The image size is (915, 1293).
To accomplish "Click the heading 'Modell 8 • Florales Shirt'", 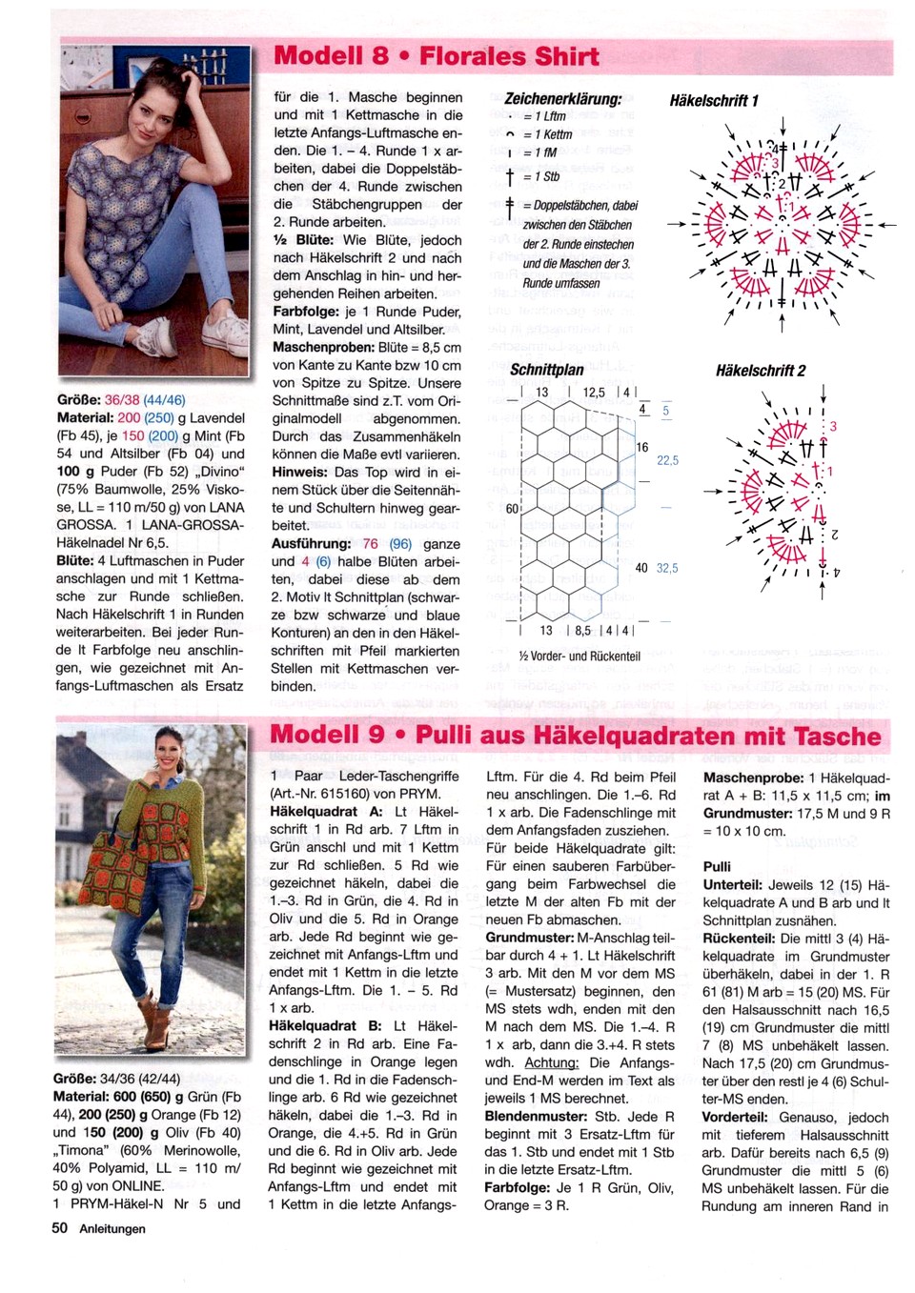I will click(437, 55).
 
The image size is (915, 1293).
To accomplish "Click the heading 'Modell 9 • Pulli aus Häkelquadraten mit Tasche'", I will click(575, 736).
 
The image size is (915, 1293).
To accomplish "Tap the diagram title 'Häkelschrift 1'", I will click(714, 100).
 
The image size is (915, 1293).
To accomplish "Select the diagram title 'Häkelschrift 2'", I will click(760, 371).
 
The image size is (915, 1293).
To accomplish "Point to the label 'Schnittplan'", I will click(546, 370).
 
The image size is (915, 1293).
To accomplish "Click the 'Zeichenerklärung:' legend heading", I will click(562, 98).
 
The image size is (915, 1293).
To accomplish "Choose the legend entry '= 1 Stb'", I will click(546, 176).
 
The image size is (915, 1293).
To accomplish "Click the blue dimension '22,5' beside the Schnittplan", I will click(667, 460).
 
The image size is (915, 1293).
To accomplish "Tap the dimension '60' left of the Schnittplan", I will click(512, 509).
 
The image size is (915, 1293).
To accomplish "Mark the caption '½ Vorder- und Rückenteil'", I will click(579, 656).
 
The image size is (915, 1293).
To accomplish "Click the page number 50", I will click(60, 1228).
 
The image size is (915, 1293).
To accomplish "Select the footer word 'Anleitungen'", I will click(112, 1229).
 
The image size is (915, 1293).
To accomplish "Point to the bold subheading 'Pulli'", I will click(717, 866).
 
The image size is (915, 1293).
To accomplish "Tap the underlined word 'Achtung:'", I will click(551, 1062).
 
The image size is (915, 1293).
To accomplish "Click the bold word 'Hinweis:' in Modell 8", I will click(300, 472).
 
